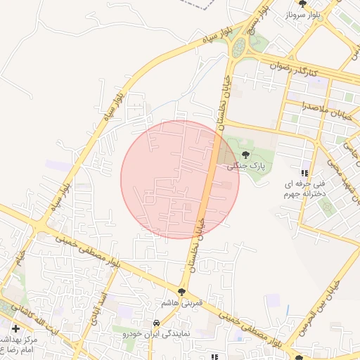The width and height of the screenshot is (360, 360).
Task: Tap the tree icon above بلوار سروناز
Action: (x=302, y=4)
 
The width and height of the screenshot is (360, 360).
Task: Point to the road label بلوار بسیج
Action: (x=252, y=20)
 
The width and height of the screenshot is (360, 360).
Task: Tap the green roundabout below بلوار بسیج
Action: (x=239, y=48)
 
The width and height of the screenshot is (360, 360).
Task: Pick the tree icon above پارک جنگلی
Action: (x=245, y=155)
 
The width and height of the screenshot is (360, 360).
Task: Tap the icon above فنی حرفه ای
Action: (x=304, y=173)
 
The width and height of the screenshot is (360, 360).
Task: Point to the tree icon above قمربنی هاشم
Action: (x=181, y=290)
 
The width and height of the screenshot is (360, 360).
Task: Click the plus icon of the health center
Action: (x=15, y=328)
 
